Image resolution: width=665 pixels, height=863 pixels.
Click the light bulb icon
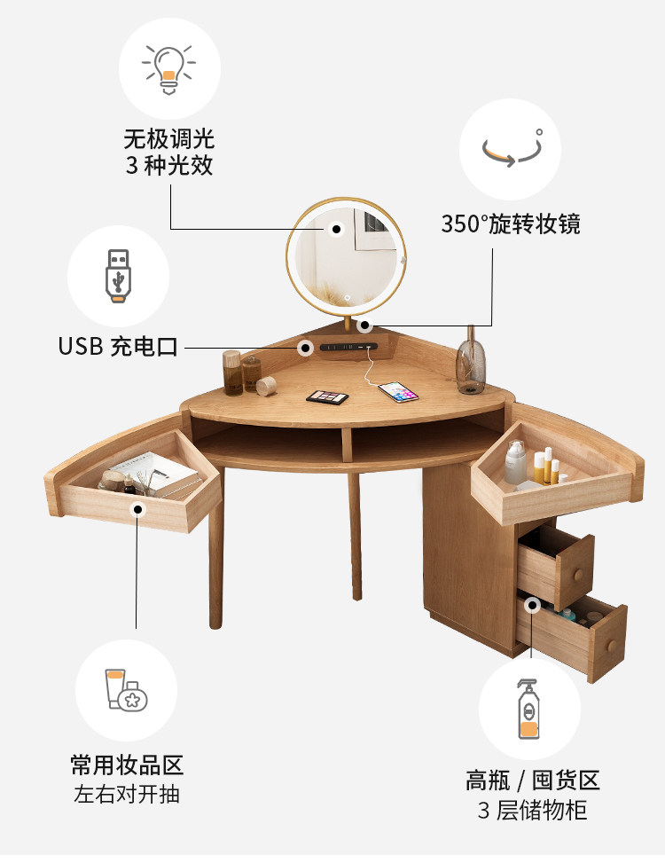(x=168, y=68)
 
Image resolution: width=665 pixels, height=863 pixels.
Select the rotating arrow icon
(x=512, y=148)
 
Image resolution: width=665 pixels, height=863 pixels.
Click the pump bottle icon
(x=528, y=709)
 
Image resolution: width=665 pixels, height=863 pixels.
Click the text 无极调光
(x=168, y=139)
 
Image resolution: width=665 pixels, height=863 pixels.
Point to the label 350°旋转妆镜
(x=511, y=224)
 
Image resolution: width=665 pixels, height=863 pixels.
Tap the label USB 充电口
(x=118, y=346)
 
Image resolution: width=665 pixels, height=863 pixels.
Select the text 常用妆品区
(x=127, y=765)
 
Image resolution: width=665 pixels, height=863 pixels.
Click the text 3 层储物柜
(x=532, y=810)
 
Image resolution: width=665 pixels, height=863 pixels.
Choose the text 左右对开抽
(x=127, y=793)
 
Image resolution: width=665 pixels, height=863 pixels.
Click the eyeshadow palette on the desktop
(x=327, y=396)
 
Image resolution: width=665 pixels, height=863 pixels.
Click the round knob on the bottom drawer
(x=607, y=643)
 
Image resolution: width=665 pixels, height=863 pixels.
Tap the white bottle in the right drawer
(x=515, y=463)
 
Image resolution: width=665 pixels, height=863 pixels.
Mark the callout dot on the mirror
(x=336, y=229)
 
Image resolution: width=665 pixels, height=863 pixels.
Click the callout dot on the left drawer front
(x=137, y=510)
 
